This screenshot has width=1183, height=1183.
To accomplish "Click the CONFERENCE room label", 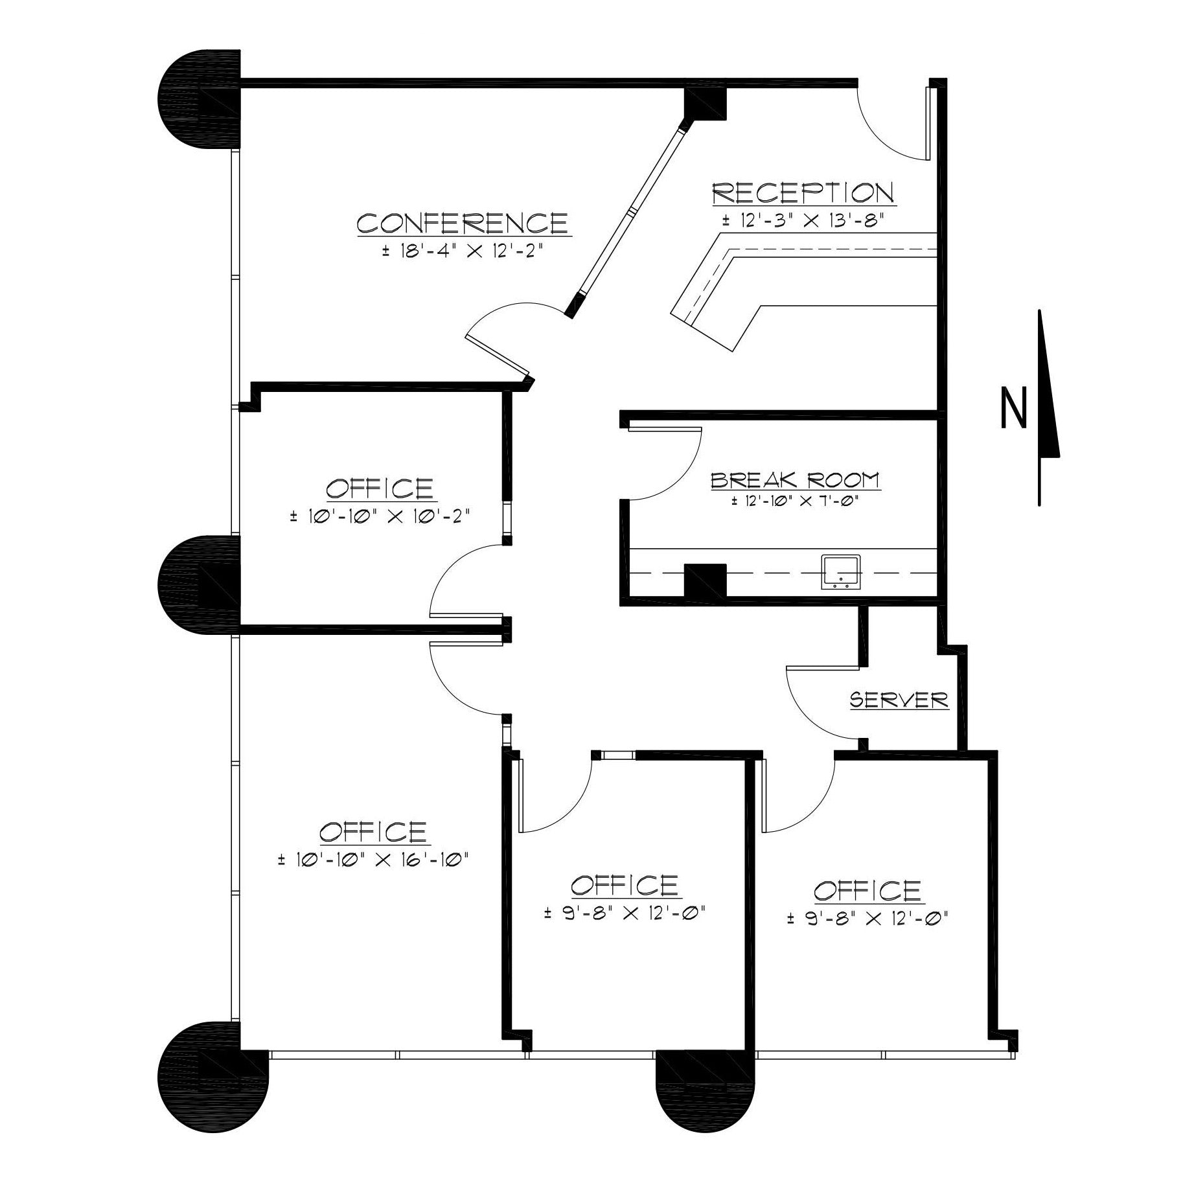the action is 463,224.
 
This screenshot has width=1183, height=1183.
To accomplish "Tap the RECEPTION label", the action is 803,193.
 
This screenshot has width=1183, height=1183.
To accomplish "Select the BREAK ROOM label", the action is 795,480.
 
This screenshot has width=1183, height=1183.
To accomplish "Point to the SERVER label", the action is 899,700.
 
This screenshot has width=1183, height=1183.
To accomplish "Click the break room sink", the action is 841,572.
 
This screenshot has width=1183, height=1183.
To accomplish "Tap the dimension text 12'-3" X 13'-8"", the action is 803,220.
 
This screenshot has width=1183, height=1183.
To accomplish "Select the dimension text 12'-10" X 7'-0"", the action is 796,501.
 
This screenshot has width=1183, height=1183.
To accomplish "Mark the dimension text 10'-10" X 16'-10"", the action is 373,860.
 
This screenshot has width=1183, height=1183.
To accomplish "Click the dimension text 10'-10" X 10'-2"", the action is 380,516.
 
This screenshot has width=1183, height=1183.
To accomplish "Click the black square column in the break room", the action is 706,580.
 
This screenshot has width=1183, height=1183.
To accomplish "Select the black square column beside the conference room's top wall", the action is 706,103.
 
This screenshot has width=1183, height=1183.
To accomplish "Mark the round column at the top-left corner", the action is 200,98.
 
